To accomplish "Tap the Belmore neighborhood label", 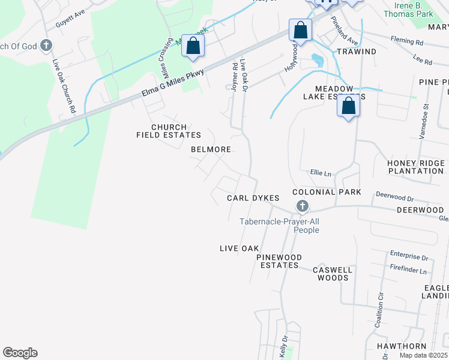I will tap(211, 149).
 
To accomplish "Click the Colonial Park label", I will tap(327, 192).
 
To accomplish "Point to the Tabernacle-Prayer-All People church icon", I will tap(302, 207).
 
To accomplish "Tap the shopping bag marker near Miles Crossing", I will tap(193, 47).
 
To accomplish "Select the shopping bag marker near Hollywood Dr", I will tap(300, 30).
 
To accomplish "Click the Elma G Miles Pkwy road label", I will tap(173, 83).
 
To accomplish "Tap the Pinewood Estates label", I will tap(278, 261).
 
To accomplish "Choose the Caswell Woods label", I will tap(332, 274).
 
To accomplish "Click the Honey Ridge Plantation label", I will tap(415, 167).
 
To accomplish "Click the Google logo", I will tap(20, 353).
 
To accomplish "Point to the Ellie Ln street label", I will tap(321, 173).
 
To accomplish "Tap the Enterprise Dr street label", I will tap(408, 257).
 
